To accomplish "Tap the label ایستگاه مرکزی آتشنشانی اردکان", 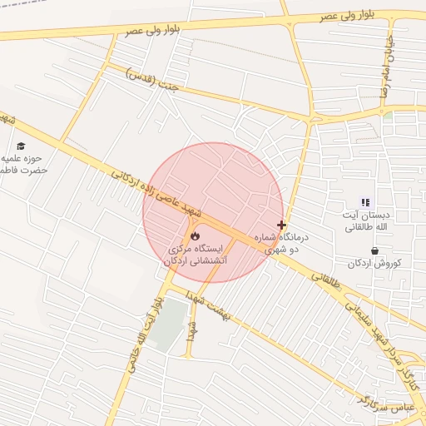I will pos(196,255).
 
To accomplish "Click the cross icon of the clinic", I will pos(282,225).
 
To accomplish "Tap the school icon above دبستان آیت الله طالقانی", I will pos(364,202).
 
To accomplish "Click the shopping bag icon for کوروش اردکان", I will pos(374,250).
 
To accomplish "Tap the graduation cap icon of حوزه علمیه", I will pos(20,146).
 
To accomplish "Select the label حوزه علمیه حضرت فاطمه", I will pos(23,164).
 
